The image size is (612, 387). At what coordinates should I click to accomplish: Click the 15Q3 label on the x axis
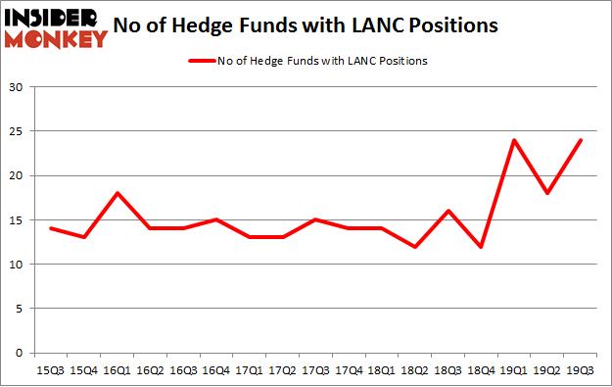50,371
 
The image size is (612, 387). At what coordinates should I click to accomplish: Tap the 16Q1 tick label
118,371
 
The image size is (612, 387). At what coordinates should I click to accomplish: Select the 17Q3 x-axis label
316,371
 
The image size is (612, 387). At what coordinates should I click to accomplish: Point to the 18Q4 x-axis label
481,371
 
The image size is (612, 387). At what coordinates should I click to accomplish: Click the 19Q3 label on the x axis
581,371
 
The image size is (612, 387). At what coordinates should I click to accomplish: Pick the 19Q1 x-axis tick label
514,371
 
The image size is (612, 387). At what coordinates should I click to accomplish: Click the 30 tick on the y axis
18,87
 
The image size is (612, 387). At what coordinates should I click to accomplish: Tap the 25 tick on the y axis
18,131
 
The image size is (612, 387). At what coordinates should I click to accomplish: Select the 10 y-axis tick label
18,265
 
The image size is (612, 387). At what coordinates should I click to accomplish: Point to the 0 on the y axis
21,353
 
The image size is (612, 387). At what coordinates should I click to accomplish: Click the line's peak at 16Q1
118,193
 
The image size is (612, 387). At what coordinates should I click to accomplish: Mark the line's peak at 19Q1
514,140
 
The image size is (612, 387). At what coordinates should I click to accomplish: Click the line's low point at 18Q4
481,246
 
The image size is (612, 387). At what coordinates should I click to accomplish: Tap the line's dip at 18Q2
415,246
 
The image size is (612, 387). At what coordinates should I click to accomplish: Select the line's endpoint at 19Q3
581,140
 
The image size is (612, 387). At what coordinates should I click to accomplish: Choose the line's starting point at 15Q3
50,228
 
